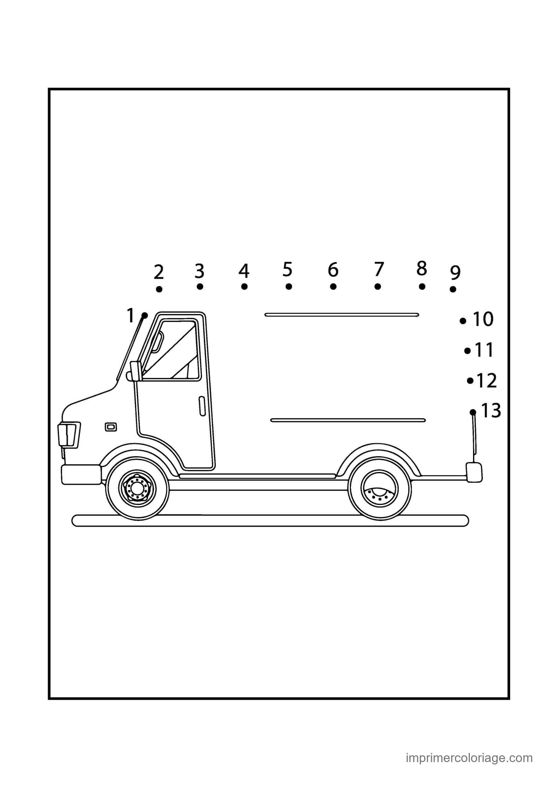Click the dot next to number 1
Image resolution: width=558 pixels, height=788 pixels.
pos(145,315)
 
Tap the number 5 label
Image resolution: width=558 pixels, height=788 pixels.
pos(287,269)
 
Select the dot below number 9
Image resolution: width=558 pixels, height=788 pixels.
pos(453,289)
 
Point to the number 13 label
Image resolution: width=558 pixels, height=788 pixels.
pos(491,410)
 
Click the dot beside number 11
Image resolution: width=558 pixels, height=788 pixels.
pos(467,351)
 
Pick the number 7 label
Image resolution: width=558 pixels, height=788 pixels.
pos(379,269)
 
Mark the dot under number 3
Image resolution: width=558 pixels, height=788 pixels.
pos(200,286)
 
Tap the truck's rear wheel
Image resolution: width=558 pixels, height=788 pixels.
pos(380,487)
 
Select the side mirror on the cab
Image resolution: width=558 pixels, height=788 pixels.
pos(134,371)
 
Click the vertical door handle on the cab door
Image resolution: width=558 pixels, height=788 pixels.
pos(202,406)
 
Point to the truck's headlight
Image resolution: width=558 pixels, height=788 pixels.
pos(69,435)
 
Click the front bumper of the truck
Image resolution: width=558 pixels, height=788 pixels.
pos(81,475)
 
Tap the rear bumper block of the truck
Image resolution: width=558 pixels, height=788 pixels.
pos(474,472)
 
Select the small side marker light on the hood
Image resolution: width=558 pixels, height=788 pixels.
pos(111,427)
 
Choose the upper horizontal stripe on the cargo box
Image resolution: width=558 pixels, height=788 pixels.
pos(342,314)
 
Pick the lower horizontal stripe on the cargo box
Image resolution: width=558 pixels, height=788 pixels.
pos(348,420)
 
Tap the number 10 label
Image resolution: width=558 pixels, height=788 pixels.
pos(483,319)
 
